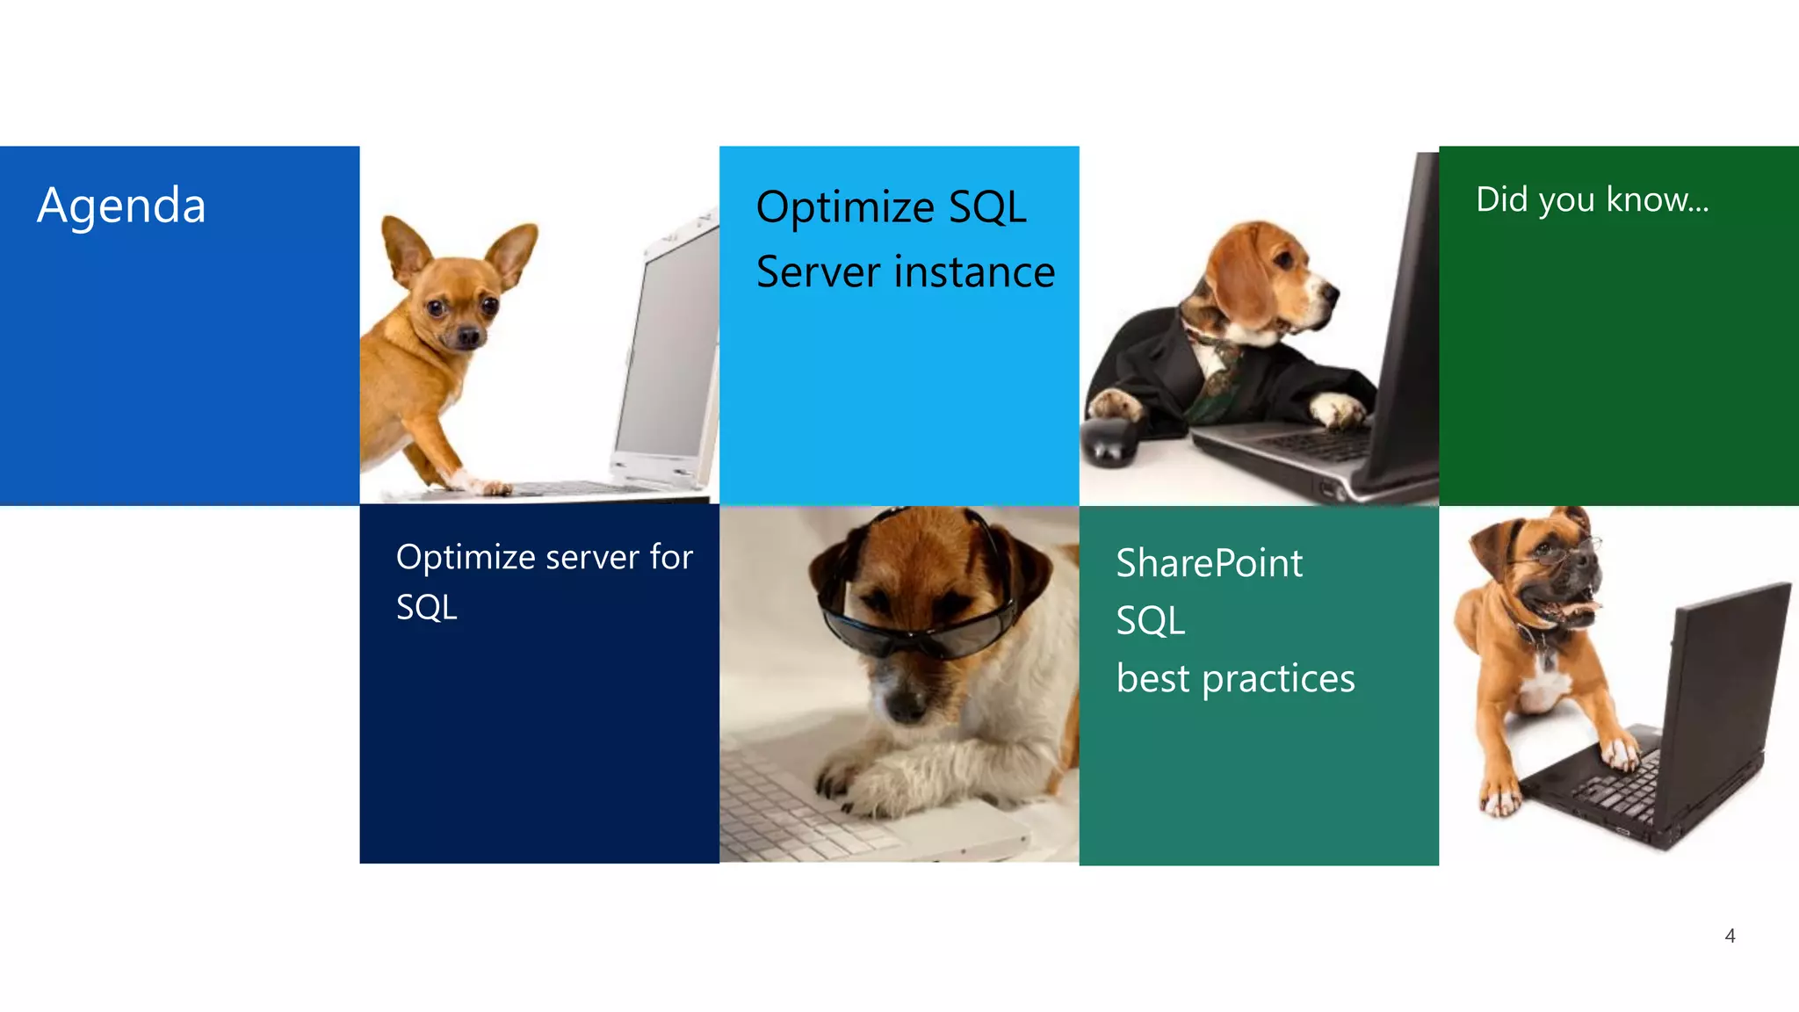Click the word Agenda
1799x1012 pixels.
[x=121, y=206]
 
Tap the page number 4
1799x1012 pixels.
[x=1730, y=936]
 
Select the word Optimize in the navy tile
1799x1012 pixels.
[x=466, y=558]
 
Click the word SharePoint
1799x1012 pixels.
[x=1209, y=564]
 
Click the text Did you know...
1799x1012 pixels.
[x=1591, y=200]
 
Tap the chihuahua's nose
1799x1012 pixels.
[x=470, y=336]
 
